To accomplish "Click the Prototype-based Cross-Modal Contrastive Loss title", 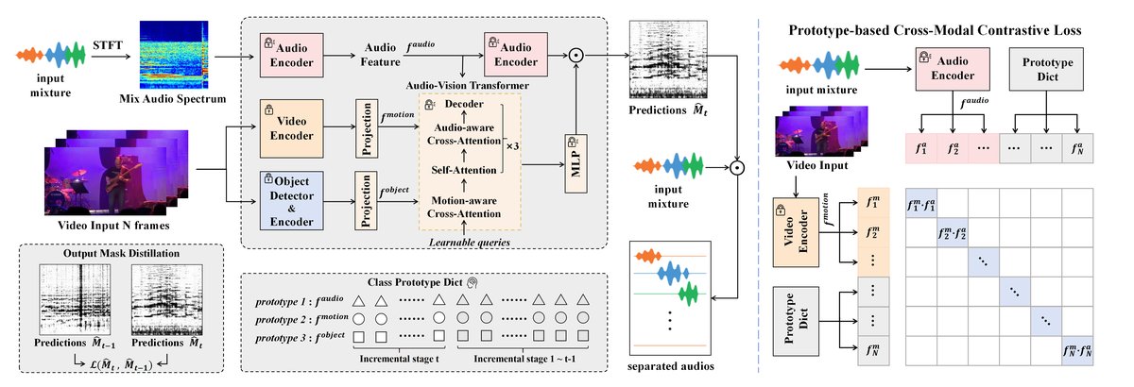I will pos(949,30).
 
